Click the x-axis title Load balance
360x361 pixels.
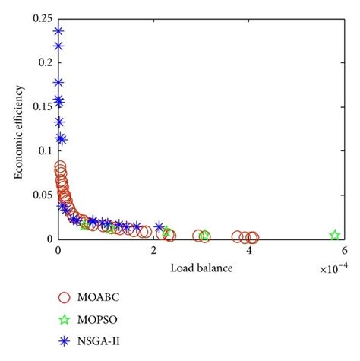pos(201,268)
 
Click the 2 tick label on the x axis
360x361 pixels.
pos(154,252)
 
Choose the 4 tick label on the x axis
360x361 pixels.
pos(249,252)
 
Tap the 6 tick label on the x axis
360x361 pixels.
pos(344,252)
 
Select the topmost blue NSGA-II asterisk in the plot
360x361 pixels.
pos(58,31)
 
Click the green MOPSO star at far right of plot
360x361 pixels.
pos(334,235)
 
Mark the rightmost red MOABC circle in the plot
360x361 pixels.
pos(252,237)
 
